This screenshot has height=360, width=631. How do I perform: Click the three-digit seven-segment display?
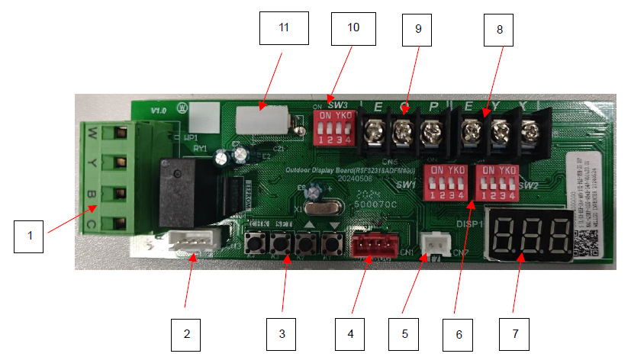tap(531, 234)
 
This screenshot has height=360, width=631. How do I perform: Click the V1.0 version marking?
tap(159, 111)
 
